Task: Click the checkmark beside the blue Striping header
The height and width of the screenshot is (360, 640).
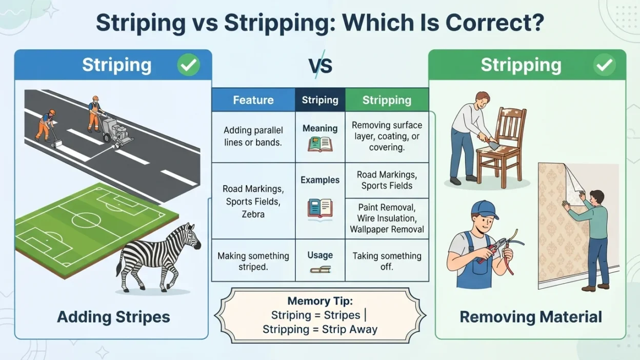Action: point(189,65)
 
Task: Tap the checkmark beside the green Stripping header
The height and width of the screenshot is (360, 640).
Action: point(604,65)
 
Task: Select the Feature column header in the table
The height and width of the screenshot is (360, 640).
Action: point(253,100)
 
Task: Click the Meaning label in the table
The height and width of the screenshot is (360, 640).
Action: point(320,128)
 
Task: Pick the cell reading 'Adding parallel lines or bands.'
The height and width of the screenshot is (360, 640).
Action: point(253,136)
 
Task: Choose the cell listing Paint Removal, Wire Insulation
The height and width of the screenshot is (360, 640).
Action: point(387,218)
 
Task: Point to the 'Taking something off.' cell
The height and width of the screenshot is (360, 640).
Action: point(387,261)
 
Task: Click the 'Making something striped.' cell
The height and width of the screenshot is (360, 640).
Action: point(253,261)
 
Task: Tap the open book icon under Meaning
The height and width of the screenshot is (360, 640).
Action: point(320,144)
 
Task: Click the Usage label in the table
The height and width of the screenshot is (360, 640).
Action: point(320,255)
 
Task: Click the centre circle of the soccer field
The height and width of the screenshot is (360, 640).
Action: point(86,221)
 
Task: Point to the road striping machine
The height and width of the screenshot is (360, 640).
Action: point(117,131)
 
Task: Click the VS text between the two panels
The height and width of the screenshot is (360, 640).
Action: point(321,66)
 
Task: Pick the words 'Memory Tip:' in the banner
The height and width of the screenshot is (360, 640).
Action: point(320,301)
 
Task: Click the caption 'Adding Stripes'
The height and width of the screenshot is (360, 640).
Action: point(113,317)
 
